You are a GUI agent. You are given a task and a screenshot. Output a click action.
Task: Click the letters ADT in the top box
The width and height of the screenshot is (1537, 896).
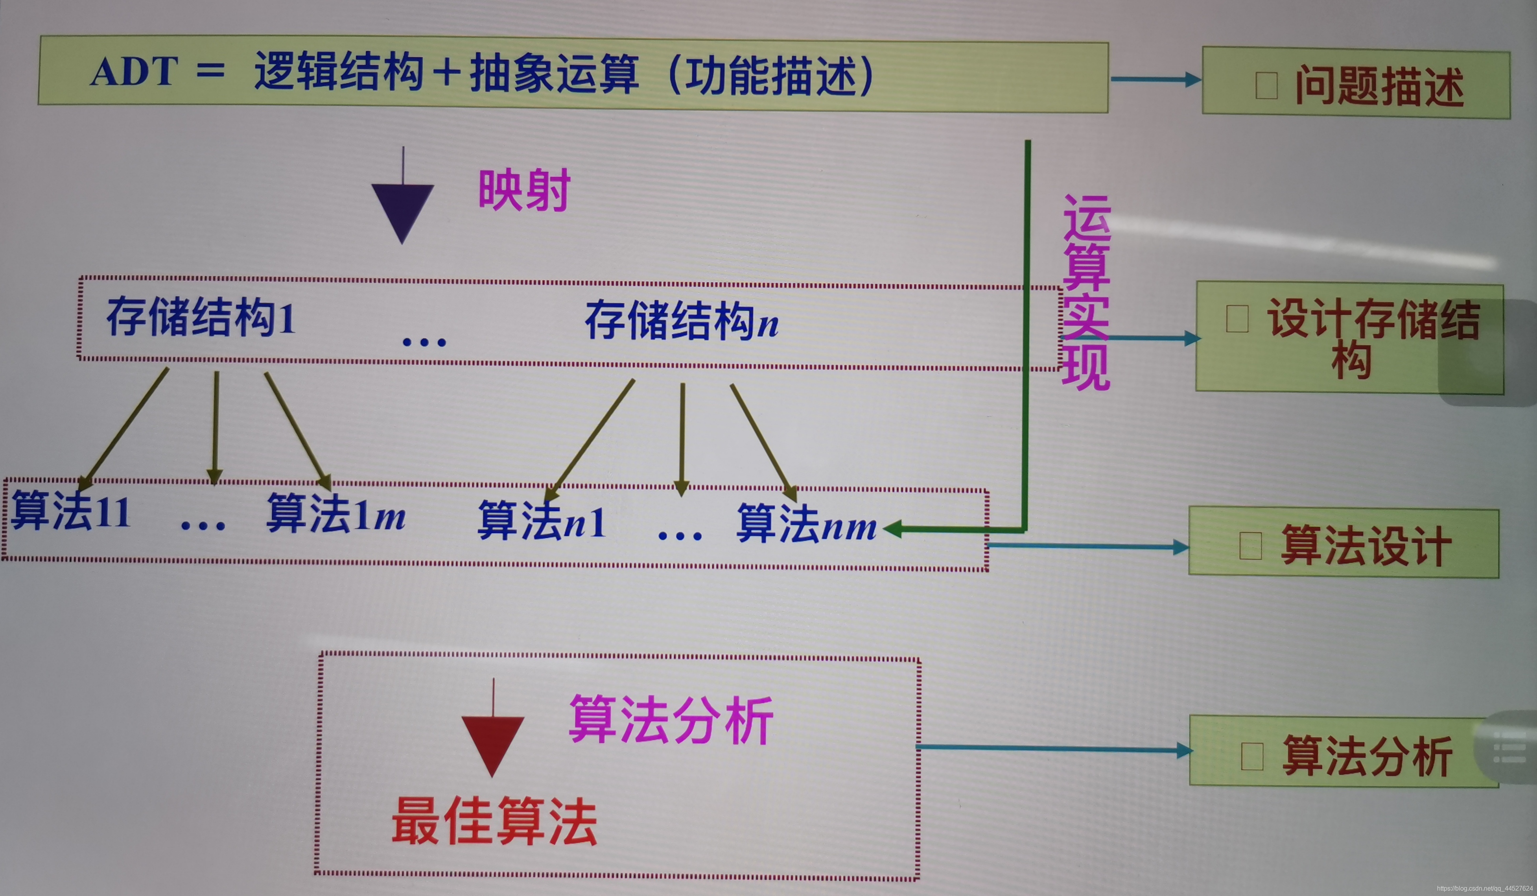pyautogui.click(x=134, y=72)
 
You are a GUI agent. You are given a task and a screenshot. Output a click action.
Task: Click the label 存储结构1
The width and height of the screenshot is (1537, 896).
pyautogui.click(x=201, y=318)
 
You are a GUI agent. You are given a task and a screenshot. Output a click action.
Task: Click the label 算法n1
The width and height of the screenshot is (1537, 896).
pyautogui.click(x=542, y=521)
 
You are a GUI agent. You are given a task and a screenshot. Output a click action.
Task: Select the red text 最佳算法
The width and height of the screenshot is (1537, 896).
pyautogui.click(x=494, y=822)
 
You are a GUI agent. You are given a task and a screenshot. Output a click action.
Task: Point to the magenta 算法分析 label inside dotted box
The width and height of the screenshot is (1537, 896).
pyautogui.click(x=671, y=720)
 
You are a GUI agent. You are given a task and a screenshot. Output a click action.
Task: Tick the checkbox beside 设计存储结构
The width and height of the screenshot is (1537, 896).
pyautogui.click(x=1237, y=319)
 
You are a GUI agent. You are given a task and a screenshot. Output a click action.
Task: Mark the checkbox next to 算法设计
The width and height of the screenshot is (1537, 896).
pyautogui.click(x=1250, y=545)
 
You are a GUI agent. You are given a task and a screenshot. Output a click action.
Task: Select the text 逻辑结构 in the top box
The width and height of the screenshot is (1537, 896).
pyautogui.click(x=339, y=72)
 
